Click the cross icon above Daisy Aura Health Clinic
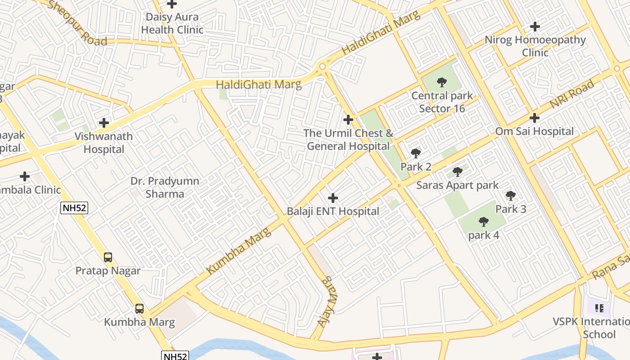(x=172, y=4)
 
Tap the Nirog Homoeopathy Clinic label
(x=535, y=46)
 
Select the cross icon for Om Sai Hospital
(x=535, y=118)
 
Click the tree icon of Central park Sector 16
(x=442, y=82)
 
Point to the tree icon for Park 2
(x=416, y=153)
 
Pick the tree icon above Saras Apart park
(x=457, y=172)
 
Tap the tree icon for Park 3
(x=511, y=196)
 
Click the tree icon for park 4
(x=484, y=221)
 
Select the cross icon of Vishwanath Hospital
(x=104, y=122)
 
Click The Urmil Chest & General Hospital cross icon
(x=348, y=120)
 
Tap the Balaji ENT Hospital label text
(x=333, y=211)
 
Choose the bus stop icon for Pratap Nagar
(x=108, y=257)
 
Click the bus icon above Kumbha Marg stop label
(x=139, y=309)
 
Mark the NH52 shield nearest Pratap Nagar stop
(x=74, y=207)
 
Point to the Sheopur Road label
(x=77, y=23)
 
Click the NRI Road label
(x=571, y=95)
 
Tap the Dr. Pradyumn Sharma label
(x=164, y=187)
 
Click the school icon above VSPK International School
(x=599, y=308)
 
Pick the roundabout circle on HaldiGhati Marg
(x=322, y=67)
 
